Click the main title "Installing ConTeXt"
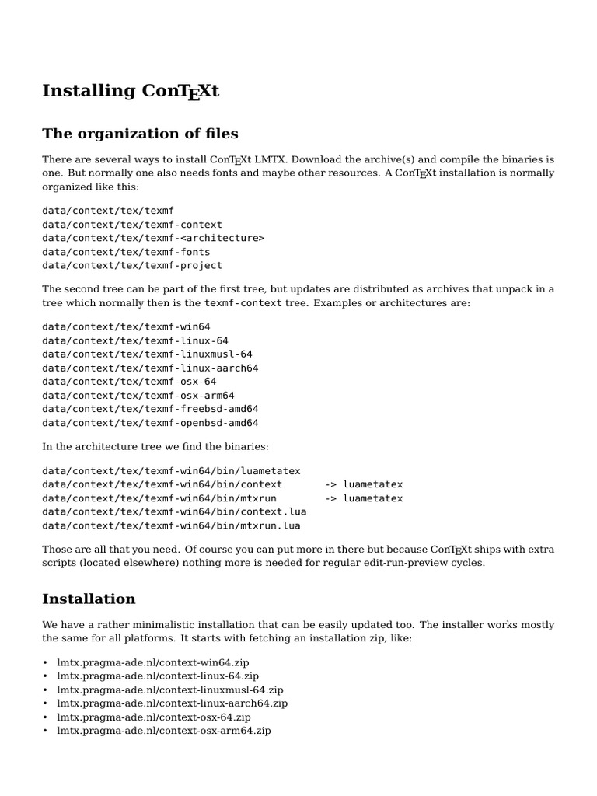pos(131,92)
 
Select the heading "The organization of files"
pos(140,134)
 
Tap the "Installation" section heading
pos(89,599)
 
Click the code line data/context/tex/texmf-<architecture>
pos(153,238)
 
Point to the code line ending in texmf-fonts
pos(126,252)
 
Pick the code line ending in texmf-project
pos(132,265)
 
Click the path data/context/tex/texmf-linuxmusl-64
pos(147,354)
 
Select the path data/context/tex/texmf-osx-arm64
pos(138,395)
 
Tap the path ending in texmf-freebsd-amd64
pos(150,409)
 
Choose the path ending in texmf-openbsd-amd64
pos(150,423)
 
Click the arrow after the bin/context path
pos(330,484)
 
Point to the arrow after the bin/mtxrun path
pos(330,498)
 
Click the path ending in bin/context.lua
pos(174,511)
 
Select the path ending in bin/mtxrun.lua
pos(171,525)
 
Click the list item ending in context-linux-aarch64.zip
pos(172,703)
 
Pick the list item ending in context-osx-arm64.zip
pos(163,731)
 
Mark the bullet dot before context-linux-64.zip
pos(45,676)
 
